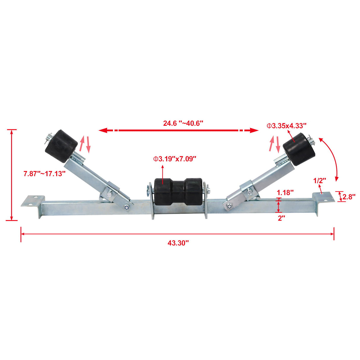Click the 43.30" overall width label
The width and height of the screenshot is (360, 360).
coord(178,243)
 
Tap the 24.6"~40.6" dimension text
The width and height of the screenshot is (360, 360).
coord(183,123)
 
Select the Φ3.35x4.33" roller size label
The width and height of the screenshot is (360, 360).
coord(286,126)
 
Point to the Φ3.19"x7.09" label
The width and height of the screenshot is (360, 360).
coord(175,159)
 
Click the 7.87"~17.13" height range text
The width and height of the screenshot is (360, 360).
coord(44,174)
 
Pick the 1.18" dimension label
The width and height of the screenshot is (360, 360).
coord(285,192)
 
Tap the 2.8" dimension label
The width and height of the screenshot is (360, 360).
coord(349,197)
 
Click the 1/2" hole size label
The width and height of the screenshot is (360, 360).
coord(320,180)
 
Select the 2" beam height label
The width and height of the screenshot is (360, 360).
coord(281,218)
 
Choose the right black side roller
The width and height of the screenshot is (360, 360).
coord(299,149)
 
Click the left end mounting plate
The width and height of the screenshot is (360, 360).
coord(33,200)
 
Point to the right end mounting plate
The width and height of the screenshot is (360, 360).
coord(322,197)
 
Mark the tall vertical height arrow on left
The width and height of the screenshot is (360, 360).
coord(12,175)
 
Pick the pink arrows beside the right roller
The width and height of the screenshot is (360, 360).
coord(275,144)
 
